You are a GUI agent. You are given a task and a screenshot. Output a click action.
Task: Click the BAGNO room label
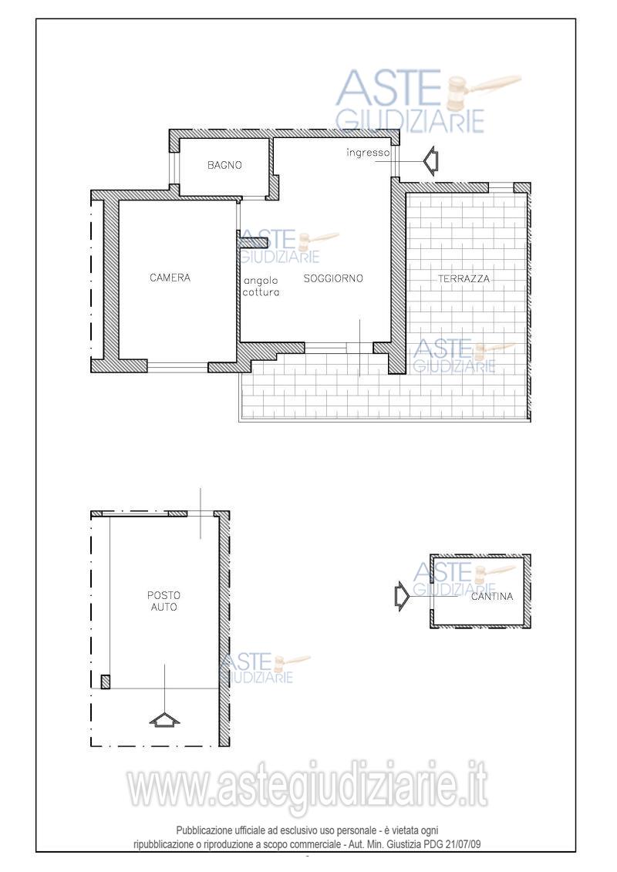(224, 165)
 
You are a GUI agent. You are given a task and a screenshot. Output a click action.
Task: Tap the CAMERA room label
(170, 278)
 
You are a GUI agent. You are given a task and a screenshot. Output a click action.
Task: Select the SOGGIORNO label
(333, 278)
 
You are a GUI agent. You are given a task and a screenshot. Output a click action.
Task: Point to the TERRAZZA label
(464, 278)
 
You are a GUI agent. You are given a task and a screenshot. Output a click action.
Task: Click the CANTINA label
(492, 596)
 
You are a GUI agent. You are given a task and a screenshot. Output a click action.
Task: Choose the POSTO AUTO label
(164, 601)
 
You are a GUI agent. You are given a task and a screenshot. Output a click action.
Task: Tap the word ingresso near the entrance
(368, 153)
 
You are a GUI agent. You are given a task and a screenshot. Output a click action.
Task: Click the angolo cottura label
(261, 287)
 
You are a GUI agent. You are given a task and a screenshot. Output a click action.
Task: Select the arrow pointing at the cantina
(402, 597)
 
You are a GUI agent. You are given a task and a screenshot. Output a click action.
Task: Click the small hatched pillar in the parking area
(105, 682)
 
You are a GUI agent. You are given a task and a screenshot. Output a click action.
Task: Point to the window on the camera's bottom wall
(177, 367)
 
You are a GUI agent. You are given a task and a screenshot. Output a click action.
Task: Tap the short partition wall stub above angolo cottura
(253, 242)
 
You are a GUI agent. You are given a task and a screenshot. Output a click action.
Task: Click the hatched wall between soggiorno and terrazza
(397, 274)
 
